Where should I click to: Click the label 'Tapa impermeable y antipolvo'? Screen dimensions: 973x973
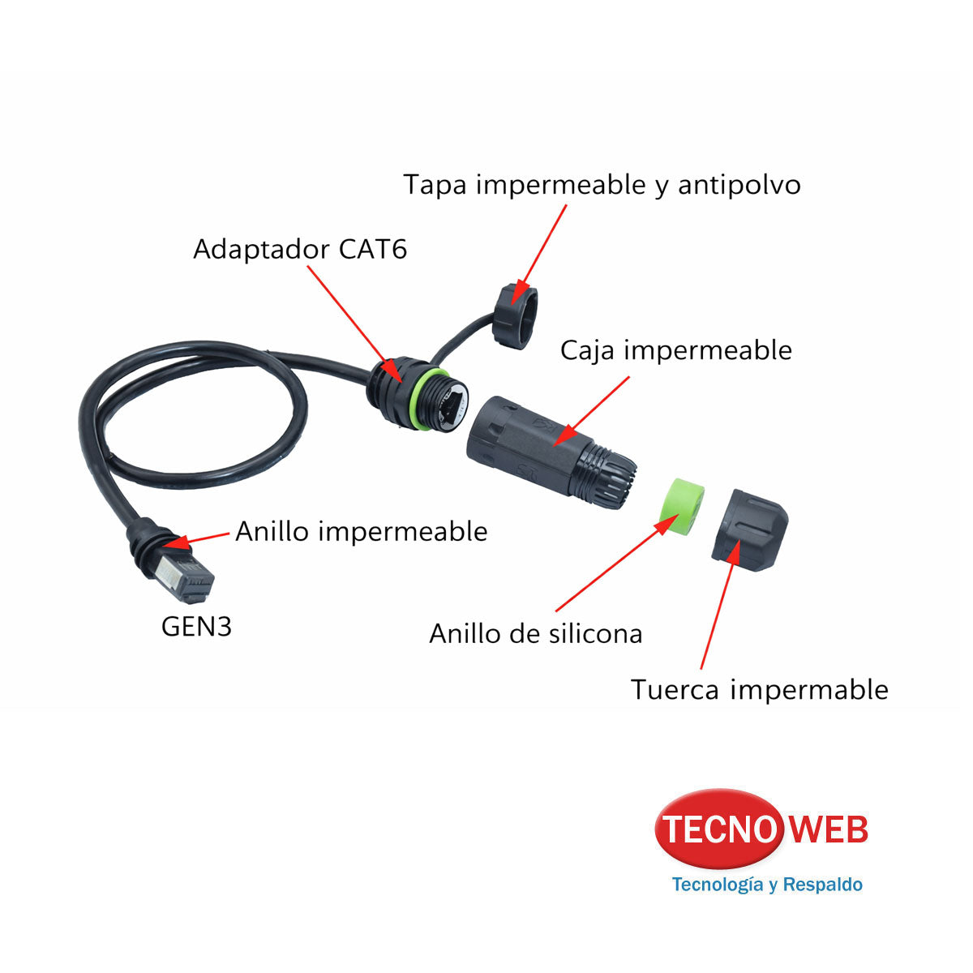click(602, 185)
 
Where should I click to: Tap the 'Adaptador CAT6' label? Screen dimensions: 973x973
click(300, 249)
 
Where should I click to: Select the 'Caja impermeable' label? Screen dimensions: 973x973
click(675, 350)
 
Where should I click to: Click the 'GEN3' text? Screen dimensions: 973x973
click(196, 627)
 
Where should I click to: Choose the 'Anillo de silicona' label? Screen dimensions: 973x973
click(536, 633)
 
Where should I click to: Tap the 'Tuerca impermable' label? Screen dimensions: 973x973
click(760, 689)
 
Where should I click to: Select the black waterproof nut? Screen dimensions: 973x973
click(749, 529)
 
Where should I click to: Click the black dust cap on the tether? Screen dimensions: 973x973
click(515, 315)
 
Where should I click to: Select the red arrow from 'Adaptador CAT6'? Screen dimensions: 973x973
click(354, 324)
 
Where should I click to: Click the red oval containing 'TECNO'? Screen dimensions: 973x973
click(719, 829)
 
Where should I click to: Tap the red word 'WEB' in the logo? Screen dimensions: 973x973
click(829, 829)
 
